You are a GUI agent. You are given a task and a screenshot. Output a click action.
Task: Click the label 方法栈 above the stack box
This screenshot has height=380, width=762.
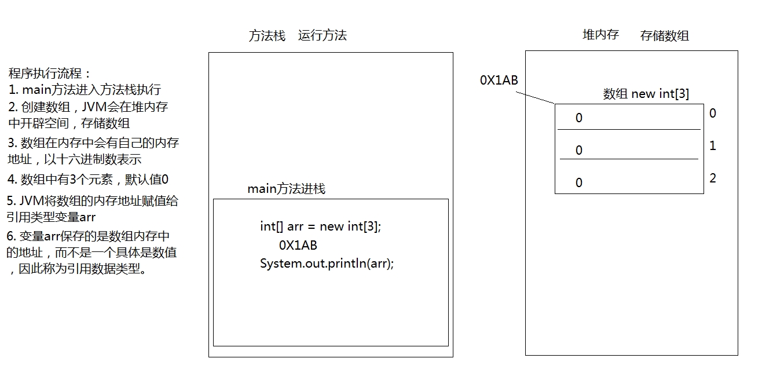click(x=267, y=35)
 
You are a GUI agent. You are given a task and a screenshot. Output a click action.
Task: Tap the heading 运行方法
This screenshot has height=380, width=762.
click(x=323, y=35)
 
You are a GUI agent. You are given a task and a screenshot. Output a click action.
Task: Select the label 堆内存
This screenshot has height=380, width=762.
click(x=600, y=35)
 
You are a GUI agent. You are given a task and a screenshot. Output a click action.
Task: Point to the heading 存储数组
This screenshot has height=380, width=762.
click(x=665, y=36)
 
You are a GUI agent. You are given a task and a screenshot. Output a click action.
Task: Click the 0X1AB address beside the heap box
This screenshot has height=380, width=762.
click(x=499, y=81)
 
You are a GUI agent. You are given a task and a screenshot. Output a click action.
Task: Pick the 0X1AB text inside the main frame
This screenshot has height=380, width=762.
click(x=298, y=245)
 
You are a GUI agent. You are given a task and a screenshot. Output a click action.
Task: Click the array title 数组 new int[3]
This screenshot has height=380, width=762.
click(x=646, y=94)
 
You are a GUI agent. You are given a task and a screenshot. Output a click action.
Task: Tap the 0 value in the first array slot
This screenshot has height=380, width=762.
click(x=579, y=118)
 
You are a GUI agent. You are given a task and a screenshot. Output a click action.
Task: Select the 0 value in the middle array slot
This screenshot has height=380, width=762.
click(x=579, y=151)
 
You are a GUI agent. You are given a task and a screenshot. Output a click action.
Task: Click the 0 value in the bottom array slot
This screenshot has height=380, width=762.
click(x=579, y=183)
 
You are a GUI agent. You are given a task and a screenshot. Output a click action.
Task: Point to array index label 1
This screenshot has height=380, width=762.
click(x=713, y=146)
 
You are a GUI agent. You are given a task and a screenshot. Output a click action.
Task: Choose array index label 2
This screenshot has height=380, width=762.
click(x=713, y=178)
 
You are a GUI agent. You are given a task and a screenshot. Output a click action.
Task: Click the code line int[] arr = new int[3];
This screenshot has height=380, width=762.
click(x=321, y=226)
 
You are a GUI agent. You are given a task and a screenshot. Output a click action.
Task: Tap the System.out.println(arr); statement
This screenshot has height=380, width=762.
click(x=327, y=264)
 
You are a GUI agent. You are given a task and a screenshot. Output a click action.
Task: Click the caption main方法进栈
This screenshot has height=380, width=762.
click(x=286, y=189)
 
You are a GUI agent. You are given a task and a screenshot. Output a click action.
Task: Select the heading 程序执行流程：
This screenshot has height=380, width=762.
click(x=50, y=74)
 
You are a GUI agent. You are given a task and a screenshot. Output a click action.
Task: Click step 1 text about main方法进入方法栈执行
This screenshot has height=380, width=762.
click(x=85, y=90)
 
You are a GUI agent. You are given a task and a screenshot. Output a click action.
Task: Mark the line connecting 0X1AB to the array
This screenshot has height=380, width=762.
click(x=537, y=97)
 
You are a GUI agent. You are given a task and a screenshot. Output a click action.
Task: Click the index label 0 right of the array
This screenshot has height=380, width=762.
click(x=713, y=114)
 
